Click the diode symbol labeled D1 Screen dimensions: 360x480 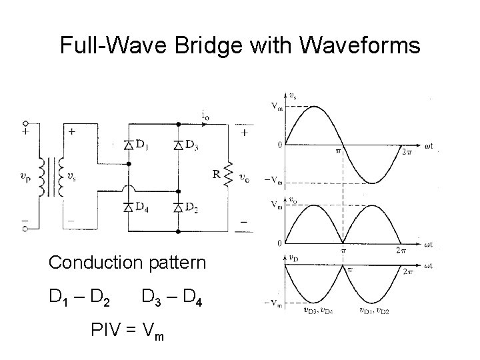(128, 145)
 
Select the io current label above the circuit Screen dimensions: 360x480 (205, 115)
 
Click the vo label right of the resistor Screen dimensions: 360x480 (247, 177)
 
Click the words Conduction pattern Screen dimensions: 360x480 (127, 263)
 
